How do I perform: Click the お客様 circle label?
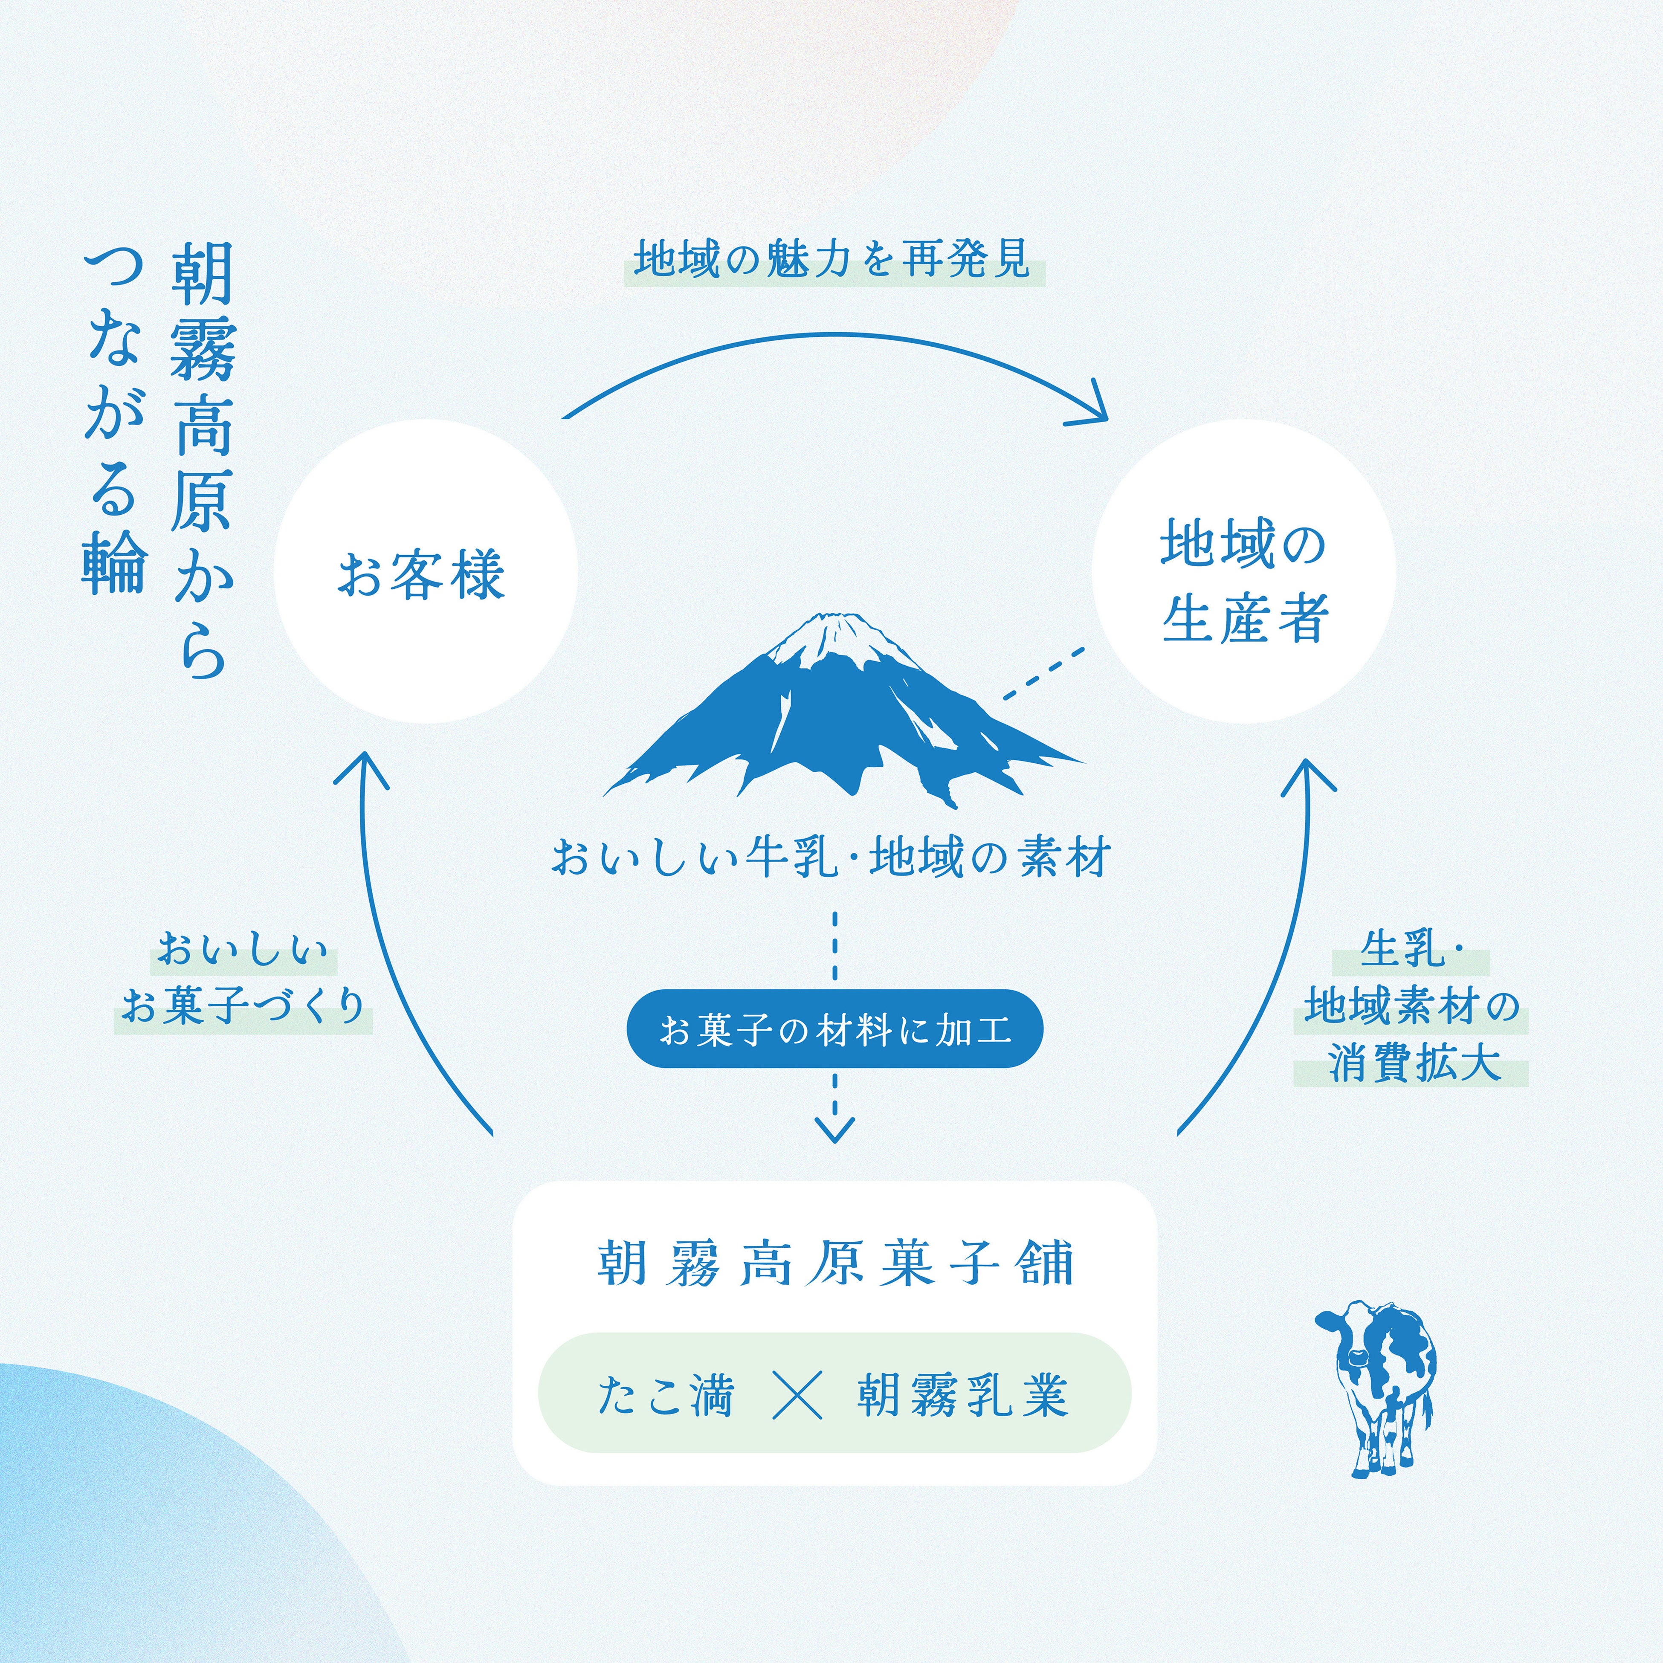coord(421,575)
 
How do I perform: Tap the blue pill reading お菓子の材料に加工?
coord(834,1029)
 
